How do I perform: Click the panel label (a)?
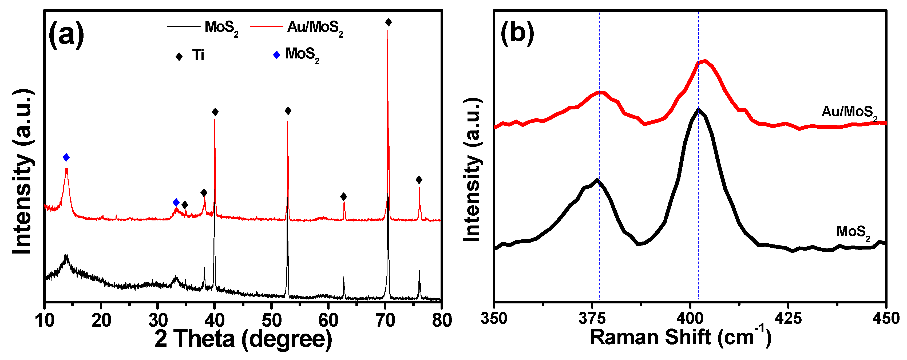(66, 34)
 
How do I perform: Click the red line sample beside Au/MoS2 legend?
(266, 26)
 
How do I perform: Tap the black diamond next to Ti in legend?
(179, 56)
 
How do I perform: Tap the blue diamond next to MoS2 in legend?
(276, 55)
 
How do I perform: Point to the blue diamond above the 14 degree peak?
(66, 157)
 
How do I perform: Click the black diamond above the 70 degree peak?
(388, 22)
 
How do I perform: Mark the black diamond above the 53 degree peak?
(288, 111)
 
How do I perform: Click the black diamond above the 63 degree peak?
(344, 197)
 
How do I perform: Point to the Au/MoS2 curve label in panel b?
(849, 112)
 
